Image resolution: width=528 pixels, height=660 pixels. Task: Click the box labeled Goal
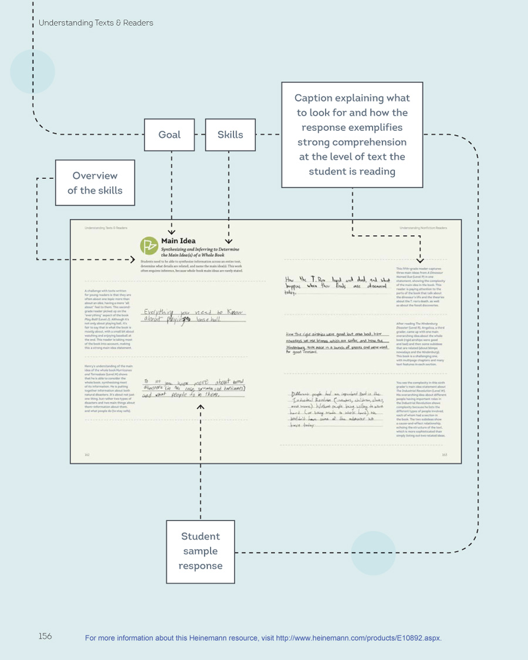[170, 134]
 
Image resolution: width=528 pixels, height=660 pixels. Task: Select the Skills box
[230, 134]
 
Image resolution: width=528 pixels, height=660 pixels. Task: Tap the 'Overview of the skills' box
[95, 183]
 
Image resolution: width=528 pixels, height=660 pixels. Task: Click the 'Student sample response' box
[201, 551]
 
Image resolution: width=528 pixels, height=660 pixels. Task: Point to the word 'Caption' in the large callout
[314, 98]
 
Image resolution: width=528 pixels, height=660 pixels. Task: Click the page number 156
[45, 636]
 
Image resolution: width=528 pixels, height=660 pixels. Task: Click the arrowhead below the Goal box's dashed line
[171, 233]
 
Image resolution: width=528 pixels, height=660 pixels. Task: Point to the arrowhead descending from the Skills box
[229, 241]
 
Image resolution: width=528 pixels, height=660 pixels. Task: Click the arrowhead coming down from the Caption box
[419, 260]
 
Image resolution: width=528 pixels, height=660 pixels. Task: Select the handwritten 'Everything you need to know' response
[194, 316]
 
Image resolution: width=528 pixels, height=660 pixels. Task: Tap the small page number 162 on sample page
[87, 454]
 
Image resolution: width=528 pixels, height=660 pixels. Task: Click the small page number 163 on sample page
[444, 454]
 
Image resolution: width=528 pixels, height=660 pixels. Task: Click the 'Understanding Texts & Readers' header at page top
[96, 23]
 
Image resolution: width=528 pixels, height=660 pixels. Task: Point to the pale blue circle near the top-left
[32, 72]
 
